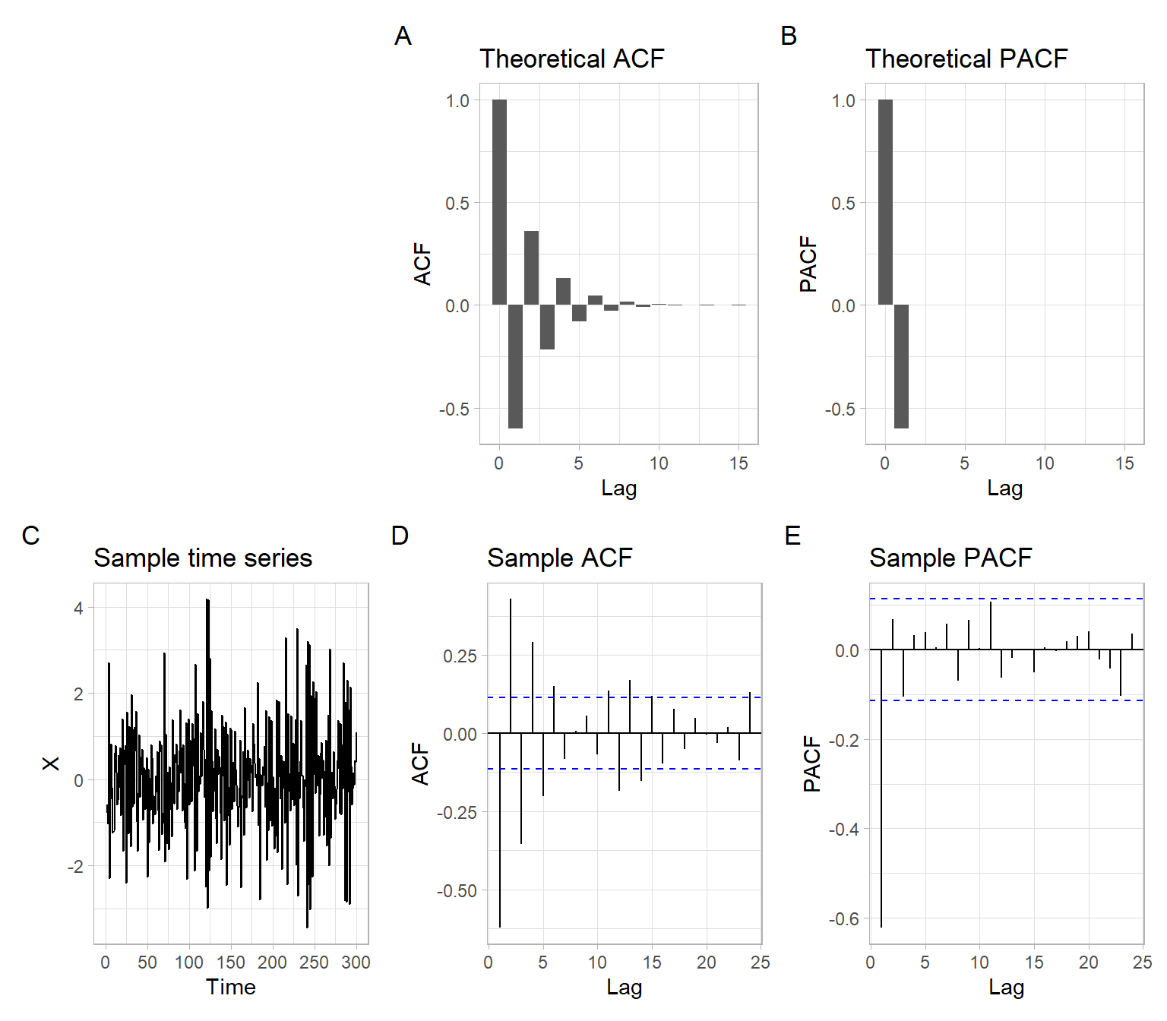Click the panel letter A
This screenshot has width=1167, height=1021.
click(x=403, y=36)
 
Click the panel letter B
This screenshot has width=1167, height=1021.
click(x=789, y=36)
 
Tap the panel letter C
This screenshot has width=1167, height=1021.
click(x=30, y=536)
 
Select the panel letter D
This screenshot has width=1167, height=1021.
click(x=400, y=536)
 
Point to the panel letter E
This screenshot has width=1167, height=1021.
click(x=792, y=536)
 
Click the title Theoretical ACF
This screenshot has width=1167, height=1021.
click(x=571, y=58)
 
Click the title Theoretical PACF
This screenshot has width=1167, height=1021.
click(x=966, y=58)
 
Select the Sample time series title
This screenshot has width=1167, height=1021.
click(x=203, y=558)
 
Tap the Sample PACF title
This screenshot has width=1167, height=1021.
click(x=950, y=558)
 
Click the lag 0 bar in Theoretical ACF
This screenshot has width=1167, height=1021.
click(x=499, y=202)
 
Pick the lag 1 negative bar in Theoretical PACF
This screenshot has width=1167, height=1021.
click(x=901, y=366)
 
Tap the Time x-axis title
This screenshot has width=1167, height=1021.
click(x=230, y=987)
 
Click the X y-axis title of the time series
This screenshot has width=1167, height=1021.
click(x=50, y=763)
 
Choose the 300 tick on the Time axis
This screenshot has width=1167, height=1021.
click(x=356, y=963)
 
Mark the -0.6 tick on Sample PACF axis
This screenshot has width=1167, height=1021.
click(x=843, y=919)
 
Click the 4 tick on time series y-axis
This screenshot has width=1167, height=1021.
click(x=78, y=608)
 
